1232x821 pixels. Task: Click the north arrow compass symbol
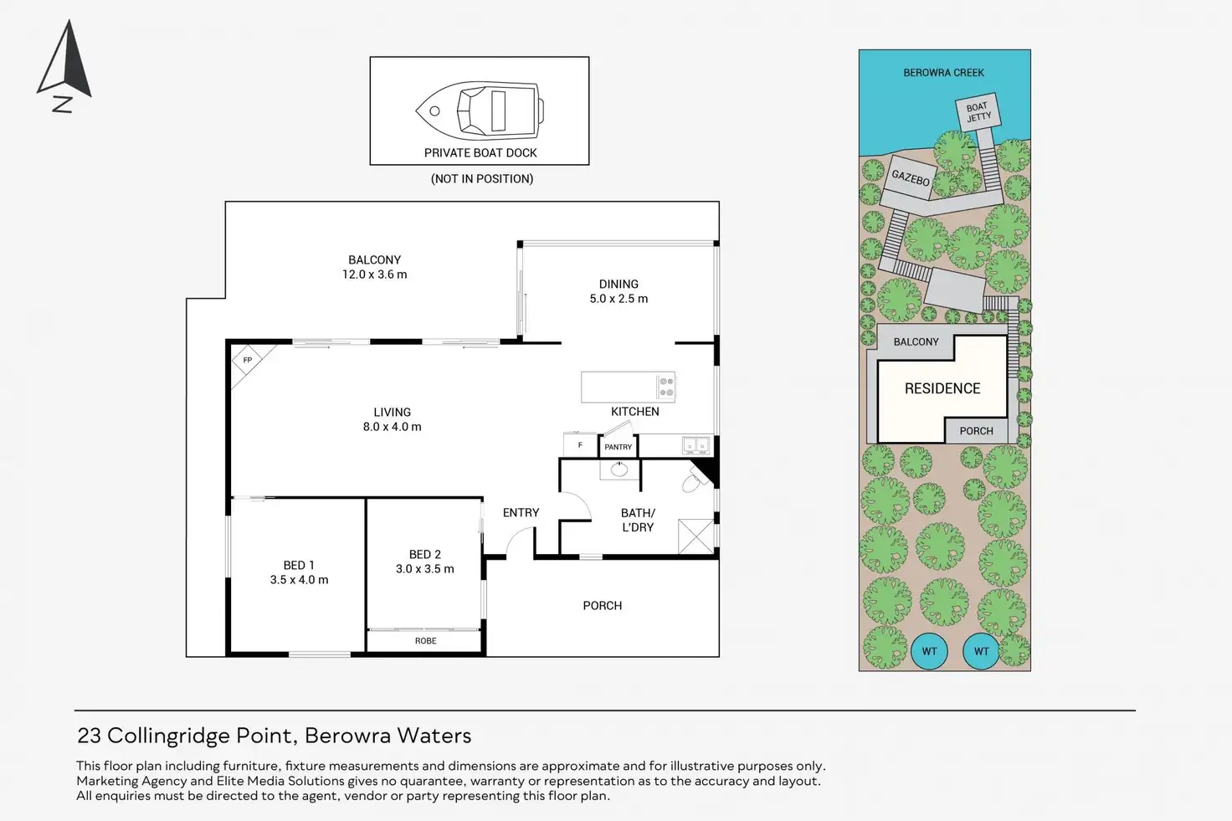[x=65, y=66]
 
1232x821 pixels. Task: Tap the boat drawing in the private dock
[x=480, y=110]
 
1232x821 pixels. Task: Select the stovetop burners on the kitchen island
[x=666, y=387]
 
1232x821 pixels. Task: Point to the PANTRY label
[x=619, y=447]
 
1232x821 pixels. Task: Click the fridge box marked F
[x=580, y=445]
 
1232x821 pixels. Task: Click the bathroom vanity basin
[x=619, y=470]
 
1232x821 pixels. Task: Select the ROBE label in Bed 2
[x=426, y=640]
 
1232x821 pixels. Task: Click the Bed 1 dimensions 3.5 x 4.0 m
[x=299, y=580]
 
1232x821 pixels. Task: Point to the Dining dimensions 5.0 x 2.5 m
[x=619, y=299]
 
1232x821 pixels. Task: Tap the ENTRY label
[x=521, y=512]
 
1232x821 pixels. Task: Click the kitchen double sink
[x=696, y=445]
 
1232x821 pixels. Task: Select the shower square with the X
[x=696, y=536]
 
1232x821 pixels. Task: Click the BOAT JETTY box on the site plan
[x=978, y=111]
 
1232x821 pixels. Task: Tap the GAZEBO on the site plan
[x=910, y=177]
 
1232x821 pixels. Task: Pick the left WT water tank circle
[x=930, y=651]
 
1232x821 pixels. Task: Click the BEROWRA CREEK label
[x=944, y=73]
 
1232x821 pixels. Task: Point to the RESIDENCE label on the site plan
[x=942, y=389]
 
